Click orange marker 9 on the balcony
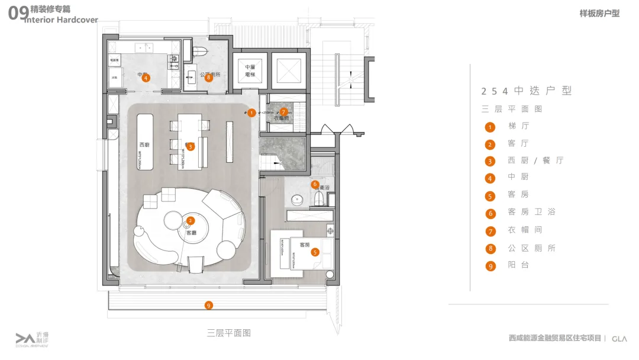pos(208,306)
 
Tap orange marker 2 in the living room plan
pos(191,221)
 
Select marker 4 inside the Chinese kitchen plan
pos(146,78)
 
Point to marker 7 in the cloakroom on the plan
pos(283,111)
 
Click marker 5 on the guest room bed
pos(315,252)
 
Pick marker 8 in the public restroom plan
pos(209,78)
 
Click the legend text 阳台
pos(518,265)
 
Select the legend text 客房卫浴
pos(531,212)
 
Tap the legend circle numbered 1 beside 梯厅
pos(490,127)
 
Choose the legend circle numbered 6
pos(490,213)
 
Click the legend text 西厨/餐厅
pos(535,160)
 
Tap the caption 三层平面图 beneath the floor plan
pos(229,333)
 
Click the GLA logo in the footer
pos(619,338)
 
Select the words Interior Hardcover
pos(62,20)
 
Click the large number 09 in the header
pos(16,14)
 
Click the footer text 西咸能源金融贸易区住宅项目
pos(555,338)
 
